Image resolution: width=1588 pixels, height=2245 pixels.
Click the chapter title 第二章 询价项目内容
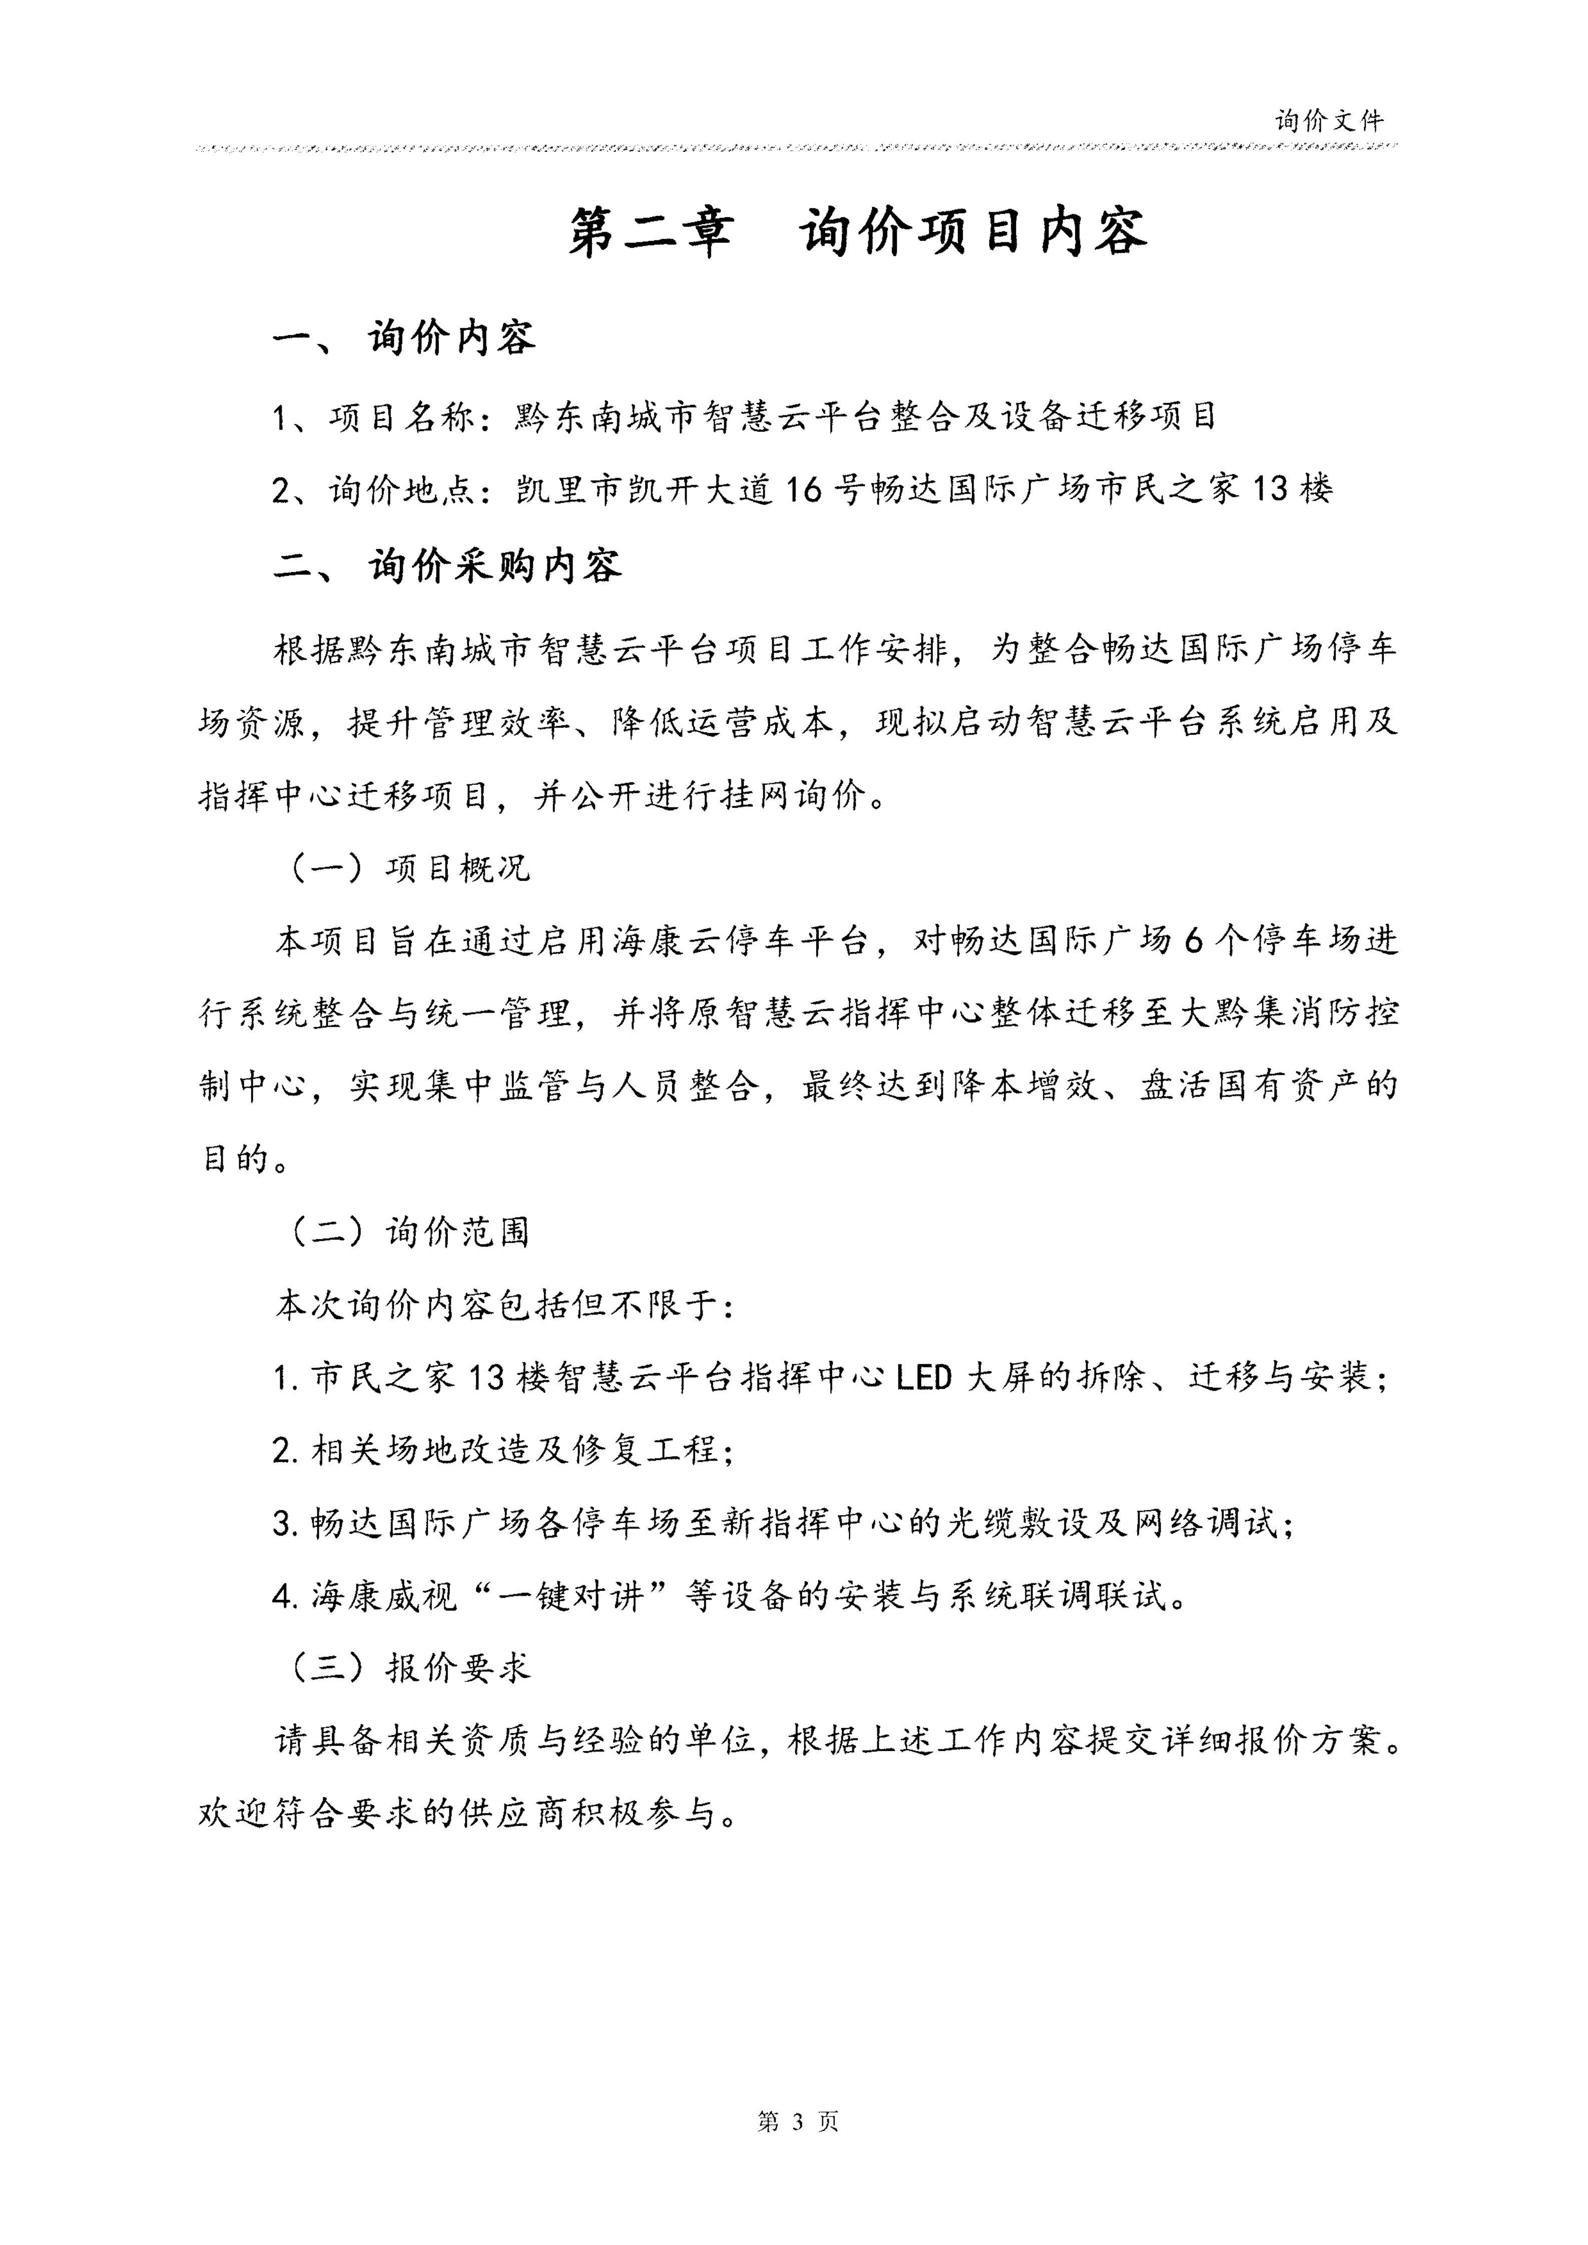(857, 233)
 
